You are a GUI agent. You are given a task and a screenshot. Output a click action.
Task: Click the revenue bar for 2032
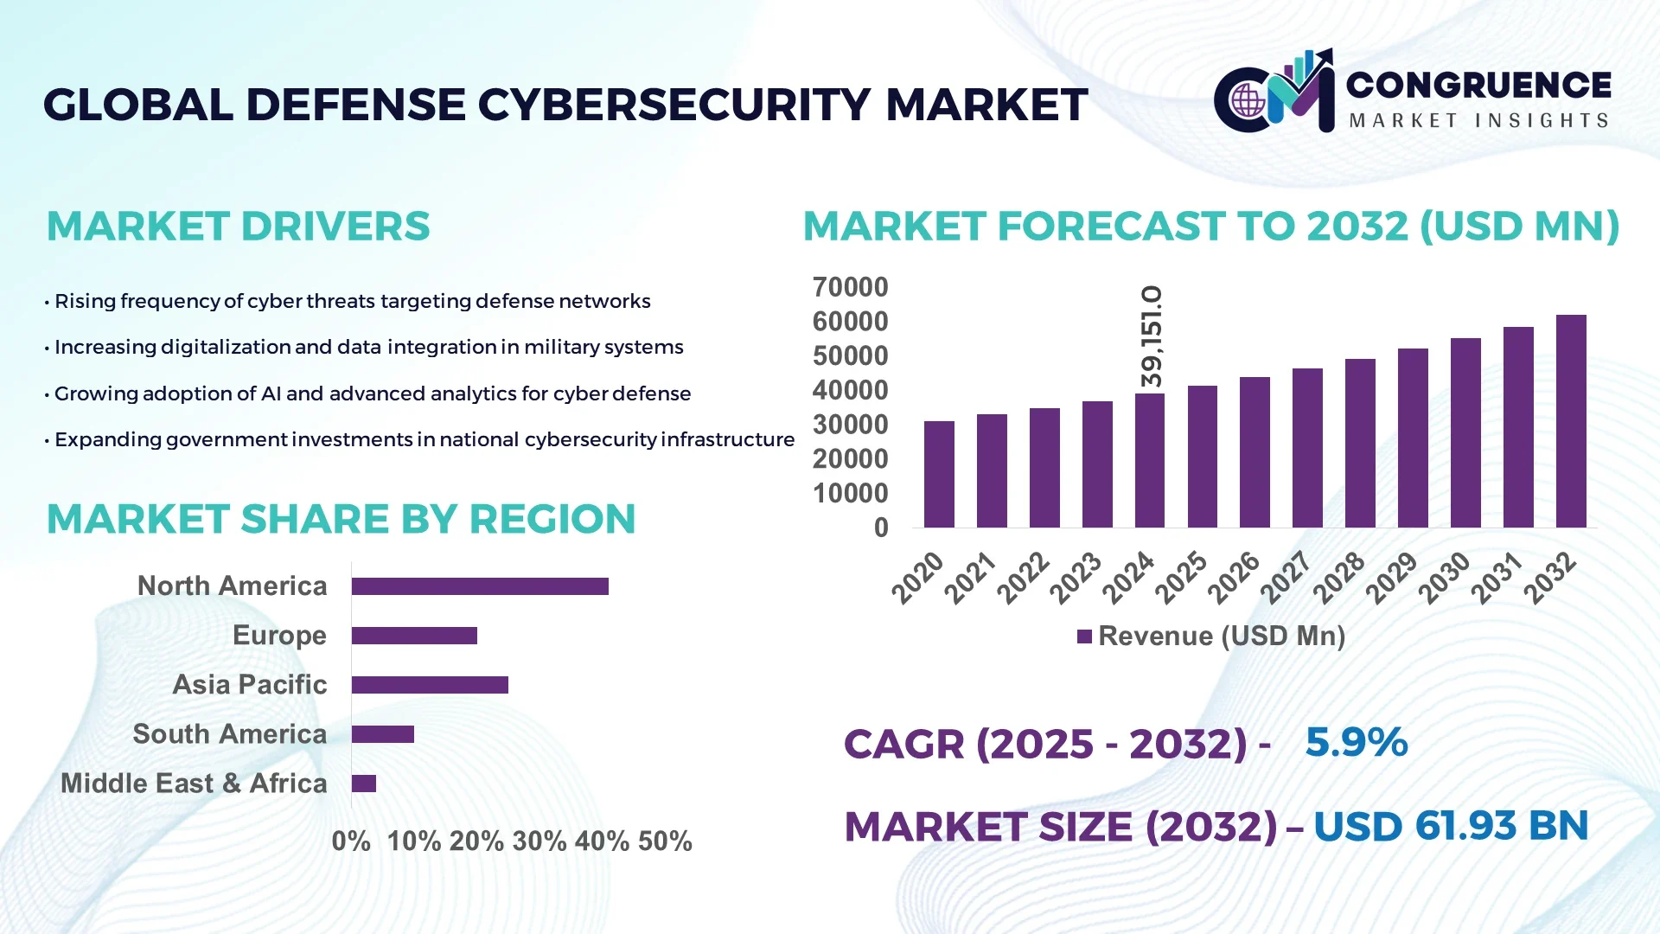(1570, 421)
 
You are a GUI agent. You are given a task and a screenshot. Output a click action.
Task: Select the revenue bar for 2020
(939, 474)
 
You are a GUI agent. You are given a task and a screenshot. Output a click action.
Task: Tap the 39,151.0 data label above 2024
(1151, 337)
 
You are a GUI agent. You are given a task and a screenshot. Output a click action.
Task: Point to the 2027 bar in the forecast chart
(1307, 448)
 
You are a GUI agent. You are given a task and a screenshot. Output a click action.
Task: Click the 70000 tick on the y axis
(850, 287)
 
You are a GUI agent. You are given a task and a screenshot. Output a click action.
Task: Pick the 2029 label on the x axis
(1391, 578)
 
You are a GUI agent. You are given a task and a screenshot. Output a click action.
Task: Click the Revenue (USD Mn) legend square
(1084, 637)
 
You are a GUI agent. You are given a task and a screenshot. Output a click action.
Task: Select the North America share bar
(480, 586)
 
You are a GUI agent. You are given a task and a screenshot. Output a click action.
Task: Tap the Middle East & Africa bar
(364, 784)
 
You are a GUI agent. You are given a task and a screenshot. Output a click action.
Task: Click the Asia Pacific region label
(249, 684)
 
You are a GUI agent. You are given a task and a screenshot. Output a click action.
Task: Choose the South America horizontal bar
(383, 734)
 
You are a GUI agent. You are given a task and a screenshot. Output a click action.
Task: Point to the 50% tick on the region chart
(665, 841)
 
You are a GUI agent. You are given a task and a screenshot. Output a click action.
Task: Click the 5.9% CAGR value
(1356, 742)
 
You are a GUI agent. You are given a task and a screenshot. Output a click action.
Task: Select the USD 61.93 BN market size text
(1450, 826)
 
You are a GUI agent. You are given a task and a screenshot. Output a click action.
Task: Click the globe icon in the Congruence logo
(1248, 101)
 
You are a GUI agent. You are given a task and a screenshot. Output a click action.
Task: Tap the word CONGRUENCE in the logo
(1478, 85)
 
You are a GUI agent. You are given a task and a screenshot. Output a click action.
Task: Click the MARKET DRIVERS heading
(238, 227)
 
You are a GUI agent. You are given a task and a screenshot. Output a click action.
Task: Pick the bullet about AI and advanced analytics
(372, 393)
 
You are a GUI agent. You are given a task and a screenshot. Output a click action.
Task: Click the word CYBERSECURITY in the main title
(674, 105)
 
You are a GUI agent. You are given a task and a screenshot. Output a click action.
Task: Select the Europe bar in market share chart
(414, 636)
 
